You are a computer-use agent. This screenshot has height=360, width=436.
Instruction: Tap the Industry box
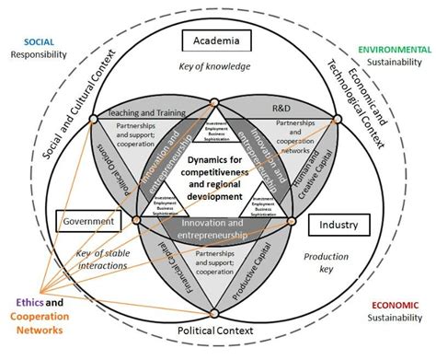338,224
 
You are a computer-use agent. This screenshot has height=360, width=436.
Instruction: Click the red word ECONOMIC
396,306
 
